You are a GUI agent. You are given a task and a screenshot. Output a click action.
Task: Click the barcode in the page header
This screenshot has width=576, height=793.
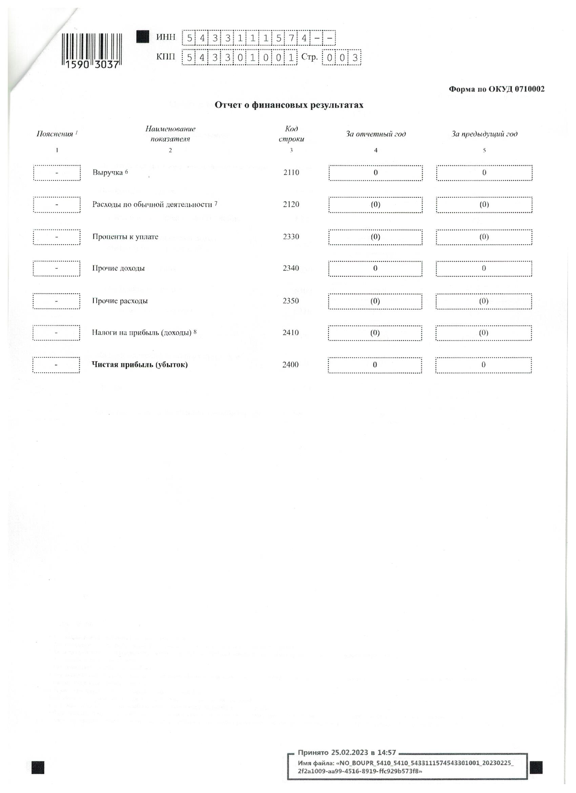[92, 51]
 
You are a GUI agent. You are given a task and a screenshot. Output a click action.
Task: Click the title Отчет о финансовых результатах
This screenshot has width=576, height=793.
[289, 105]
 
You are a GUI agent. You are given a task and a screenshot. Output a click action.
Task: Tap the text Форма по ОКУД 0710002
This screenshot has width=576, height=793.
[496, 89]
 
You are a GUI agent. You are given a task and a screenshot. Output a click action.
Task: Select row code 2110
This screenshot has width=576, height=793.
[291, 172]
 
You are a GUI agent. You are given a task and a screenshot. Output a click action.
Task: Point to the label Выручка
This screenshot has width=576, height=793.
[108, 172]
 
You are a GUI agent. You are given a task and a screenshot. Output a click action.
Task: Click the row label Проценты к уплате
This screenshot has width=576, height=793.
[125, 237]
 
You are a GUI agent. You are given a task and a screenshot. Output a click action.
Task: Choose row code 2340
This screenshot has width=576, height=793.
[291, 268]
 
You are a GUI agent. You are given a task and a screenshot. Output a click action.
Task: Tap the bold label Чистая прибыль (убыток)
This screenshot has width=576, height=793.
[139, 365]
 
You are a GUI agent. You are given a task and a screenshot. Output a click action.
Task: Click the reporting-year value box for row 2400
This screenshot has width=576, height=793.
[375, 365]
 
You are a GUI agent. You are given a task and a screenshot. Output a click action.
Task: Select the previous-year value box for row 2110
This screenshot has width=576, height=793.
[484, 173]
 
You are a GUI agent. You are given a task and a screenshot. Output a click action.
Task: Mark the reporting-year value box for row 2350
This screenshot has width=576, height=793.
[375, 301]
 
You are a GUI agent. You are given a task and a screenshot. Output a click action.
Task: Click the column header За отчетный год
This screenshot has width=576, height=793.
[375, 134]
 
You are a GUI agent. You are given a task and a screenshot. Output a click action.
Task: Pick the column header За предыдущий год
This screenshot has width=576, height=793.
[484, 134]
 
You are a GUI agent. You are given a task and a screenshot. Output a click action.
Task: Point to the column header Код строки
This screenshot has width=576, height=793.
[291, 134]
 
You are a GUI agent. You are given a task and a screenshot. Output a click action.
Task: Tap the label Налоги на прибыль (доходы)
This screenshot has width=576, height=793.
[142, 332]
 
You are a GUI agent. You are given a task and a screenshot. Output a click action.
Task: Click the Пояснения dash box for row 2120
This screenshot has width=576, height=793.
[57, 205]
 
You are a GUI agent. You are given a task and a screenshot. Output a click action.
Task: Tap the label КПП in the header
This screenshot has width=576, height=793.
[166, 57]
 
